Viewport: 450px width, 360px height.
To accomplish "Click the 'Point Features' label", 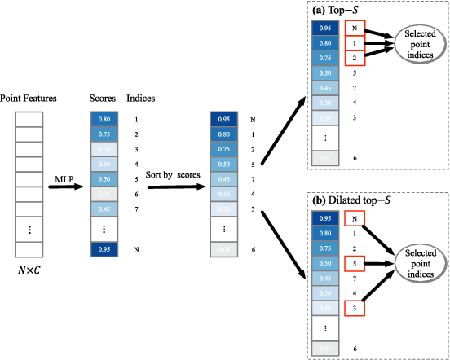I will coord(29,98).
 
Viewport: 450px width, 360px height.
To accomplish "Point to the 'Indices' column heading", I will coord(141,98).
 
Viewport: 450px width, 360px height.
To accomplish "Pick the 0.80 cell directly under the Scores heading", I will coord(104,119).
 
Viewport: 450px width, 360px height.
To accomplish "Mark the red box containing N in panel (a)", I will coord(351,28).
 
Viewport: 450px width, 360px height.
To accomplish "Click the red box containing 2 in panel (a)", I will coord(351,58).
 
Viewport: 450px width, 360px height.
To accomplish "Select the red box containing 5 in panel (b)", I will coord(351,264).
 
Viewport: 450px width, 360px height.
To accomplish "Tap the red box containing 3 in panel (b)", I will coord(351,309).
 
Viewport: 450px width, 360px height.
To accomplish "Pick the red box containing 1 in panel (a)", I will coord(351,43).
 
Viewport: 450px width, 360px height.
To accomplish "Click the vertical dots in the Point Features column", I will coord(29,230).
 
